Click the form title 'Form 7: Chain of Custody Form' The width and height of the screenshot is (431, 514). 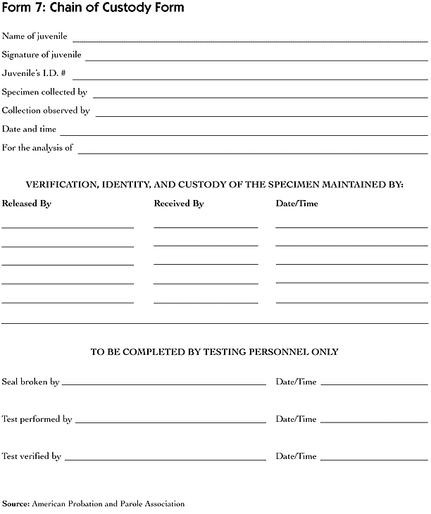(x=94, y=8)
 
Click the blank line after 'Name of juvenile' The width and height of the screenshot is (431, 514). (x=250, y=41)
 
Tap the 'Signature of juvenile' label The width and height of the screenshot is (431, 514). (x=42, y=54)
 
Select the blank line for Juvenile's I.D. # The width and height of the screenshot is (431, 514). (x=250, y=78)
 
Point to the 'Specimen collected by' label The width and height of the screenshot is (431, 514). (x=44, y=92)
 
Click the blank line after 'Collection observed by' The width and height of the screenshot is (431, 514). (x=261, y=115)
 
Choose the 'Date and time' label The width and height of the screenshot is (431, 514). (x=29, y=129)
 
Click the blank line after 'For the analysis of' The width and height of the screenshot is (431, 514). (x=253, y=153)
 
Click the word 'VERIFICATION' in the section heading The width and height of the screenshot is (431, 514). (x=62, y=184)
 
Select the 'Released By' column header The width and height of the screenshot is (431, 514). (x=27, y=203)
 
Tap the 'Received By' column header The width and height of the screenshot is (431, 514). (x=179, y=203)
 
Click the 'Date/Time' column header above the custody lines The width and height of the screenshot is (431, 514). (x=296, y=203)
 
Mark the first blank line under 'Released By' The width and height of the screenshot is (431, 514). (x=68, y=227)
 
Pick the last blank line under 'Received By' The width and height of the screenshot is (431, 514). (x=206, y=303)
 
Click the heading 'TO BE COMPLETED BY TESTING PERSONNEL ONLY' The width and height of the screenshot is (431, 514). (x=215, y=351)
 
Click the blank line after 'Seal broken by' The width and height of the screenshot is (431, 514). (x=164, y=385)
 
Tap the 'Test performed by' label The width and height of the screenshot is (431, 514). (x=37, y=419)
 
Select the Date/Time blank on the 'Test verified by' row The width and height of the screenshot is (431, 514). (x=374, y=460)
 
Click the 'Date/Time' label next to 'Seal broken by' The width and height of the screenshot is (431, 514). (x=296, y=382)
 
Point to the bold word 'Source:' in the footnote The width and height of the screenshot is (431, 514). (x=15, y=503)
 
